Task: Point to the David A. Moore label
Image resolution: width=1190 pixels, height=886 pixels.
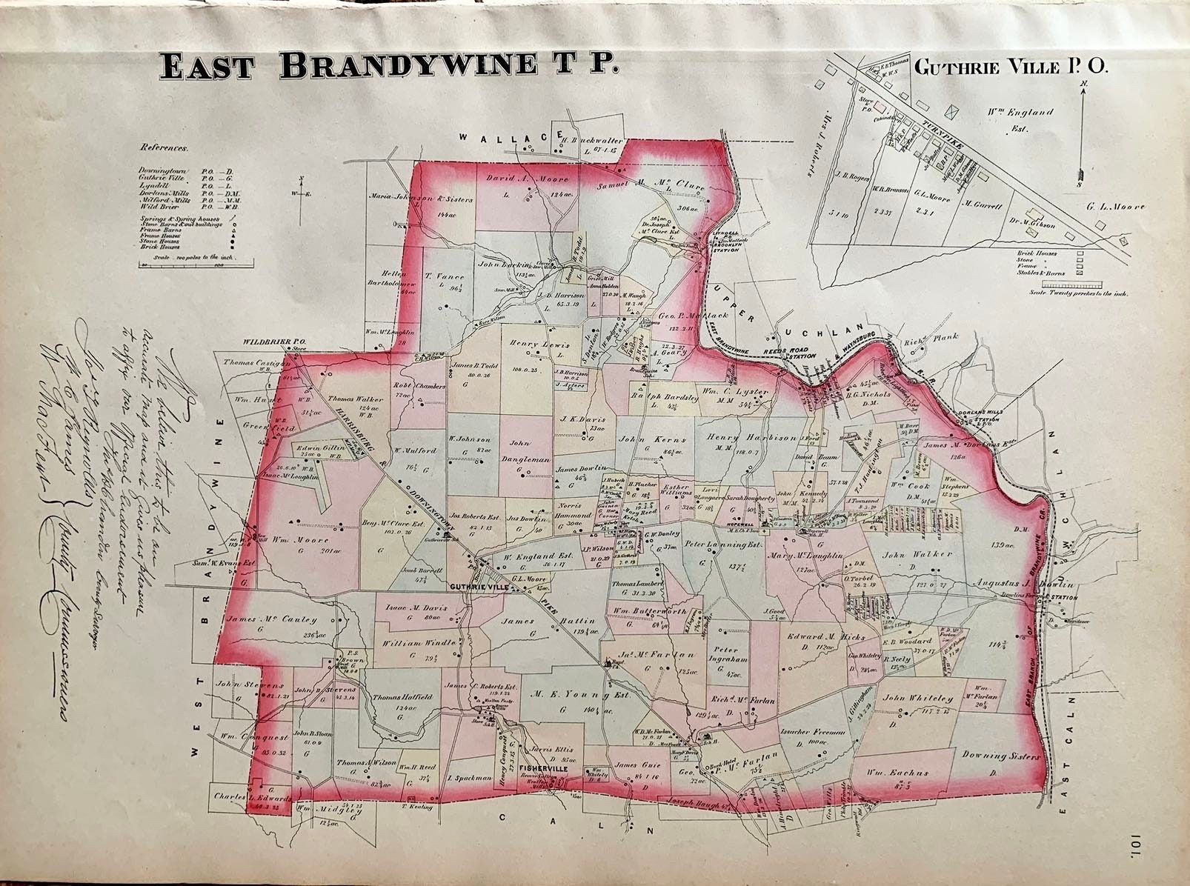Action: (527, 179)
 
